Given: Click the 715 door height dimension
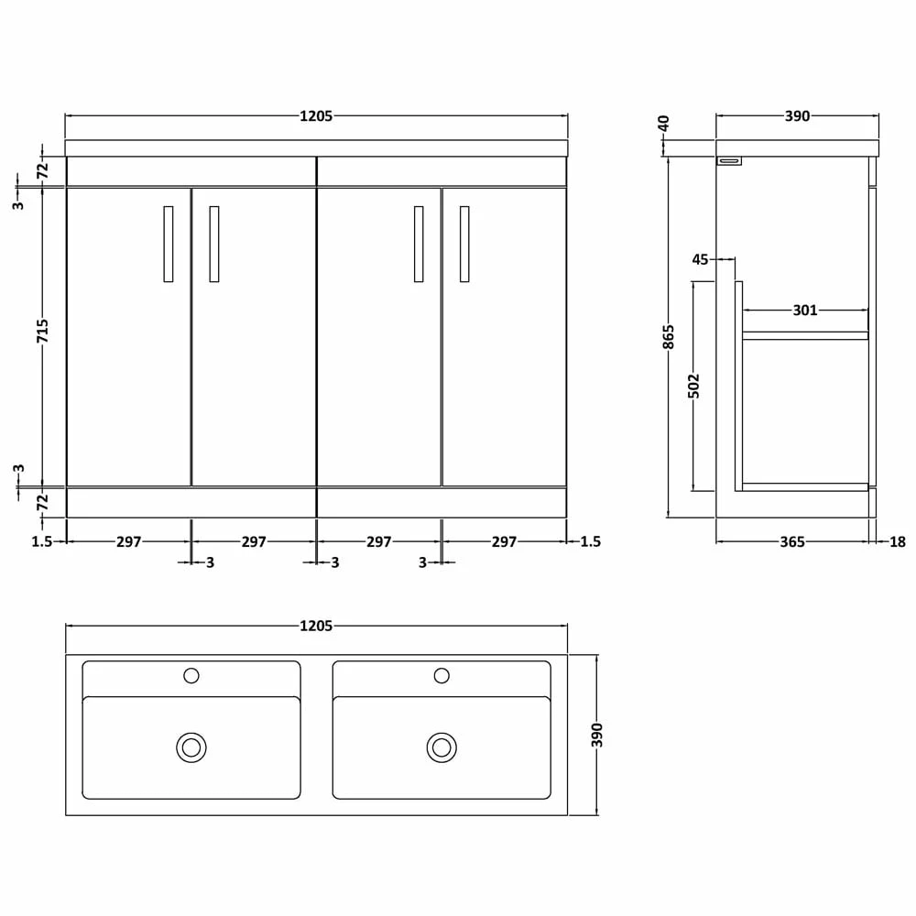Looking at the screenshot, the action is click(43, 332).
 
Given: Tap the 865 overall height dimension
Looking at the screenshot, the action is click(669, 337).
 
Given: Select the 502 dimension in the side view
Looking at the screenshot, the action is click(694, 386).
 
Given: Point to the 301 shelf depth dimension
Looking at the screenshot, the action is click(805, 311).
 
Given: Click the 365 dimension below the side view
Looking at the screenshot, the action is click(792, 542).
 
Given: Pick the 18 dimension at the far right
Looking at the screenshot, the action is click(898, 542).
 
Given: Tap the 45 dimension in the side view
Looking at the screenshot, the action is click(700, 259).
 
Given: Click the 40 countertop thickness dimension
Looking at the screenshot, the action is click(663, 124).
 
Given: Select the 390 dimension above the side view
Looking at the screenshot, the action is click(798, 116).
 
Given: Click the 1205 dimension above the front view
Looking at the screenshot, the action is click(316, 116).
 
